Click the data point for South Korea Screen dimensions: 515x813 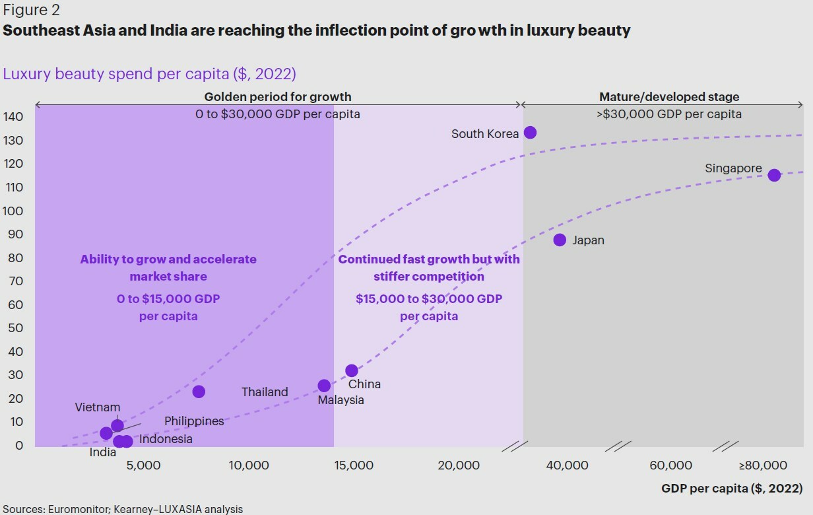[530, 133]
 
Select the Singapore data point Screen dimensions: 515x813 [774, 175]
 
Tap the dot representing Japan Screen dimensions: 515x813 [560, 240]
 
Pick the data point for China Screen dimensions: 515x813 [352, 371]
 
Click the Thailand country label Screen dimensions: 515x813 [265, 392]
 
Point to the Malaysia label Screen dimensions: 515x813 [341, 400]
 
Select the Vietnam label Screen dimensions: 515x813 [97, 407]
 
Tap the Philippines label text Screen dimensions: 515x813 [194, 421]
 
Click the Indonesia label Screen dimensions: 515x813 [166, 439]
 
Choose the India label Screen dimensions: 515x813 [103, 452]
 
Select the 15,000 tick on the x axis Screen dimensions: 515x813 [353, 465]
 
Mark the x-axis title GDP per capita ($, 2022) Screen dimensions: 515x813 [732, 489]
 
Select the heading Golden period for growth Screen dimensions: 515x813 [277, 97]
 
